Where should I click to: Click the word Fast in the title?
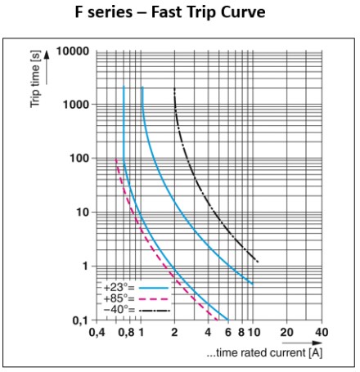pos(167,12)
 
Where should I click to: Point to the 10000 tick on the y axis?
pos(73,52)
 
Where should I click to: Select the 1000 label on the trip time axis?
pos(76,105)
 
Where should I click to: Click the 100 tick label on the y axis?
pos(79,158)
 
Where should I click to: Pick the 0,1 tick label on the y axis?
pos(80,320)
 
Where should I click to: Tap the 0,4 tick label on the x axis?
pos(97,333)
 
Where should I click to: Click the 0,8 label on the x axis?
pos(126,333)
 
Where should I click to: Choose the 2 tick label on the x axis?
pos(174,333)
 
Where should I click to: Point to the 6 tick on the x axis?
pos(228,333)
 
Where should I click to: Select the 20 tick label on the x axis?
pos(286,333)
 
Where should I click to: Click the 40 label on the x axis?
pos(322,333)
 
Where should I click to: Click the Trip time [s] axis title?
pos(35,79)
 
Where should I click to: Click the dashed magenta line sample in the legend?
pos(154,299)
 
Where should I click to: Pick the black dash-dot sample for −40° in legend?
pos(154,311)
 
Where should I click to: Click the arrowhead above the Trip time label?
pos(47,55)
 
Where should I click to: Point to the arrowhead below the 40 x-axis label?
pos(317,343)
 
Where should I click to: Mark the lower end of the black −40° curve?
pos(258,262)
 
